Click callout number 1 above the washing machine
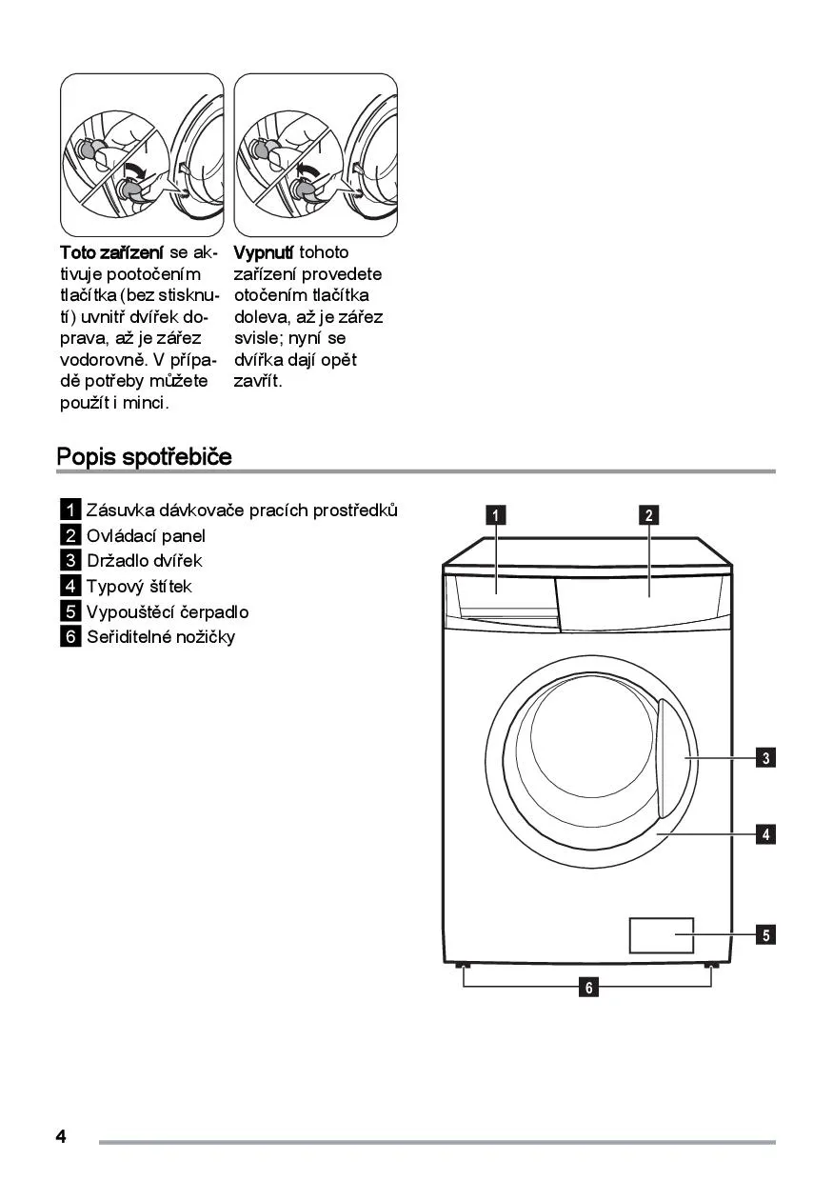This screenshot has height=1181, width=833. click(496, 515)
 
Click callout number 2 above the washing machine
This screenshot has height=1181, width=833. click(648, 515)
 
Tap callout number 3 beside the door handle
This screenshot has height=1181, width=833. click(765, 758)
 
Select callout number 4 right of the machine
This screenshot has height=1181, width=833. click(765, 834)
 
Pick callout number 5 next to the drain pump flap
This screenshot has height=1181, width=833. click(765, 934)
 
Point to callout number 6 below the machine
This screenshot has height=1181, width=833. click(589, 988)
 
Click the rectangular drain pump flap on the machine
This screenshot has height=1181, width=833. click(661, 935)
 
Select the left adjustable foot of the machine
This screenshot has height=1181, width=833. click(464, 967)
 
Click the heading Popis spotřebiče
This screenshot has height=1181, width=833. click(144, 456)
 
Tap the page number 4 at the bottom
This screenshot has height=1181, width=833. click(61, 1136)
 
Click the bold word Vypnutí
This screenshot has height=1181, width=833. click(264, 252)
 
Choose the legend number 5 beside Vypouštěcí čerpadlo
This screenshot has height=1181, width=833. click(70, 611)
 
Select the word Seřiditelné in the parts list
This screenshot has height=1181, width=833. click(129, 636)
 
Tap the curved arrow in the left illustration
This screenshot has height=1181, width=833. click(136, 171)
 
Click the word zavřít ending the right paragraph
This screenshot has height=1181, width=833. click(258, 382)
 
